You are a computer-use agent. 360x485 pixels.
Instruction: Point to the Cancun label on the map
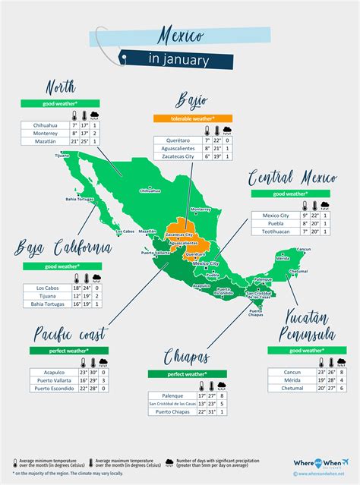pyautogui.click(x=304, y=249)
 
